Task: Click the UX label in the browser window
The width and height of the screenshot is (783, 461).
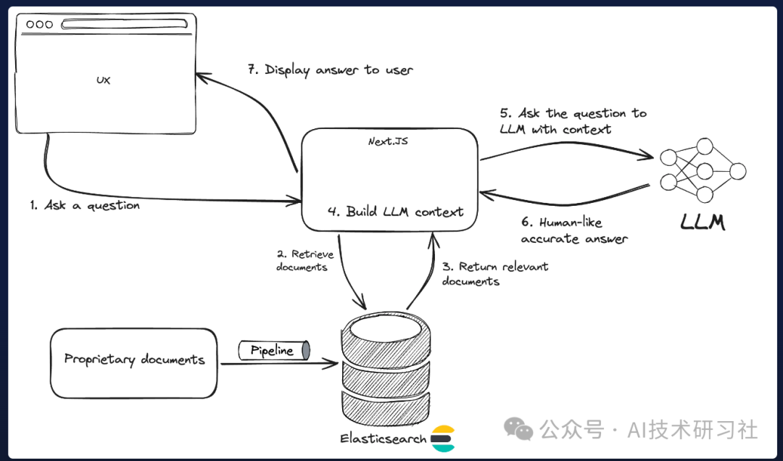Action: (x=103, y=80)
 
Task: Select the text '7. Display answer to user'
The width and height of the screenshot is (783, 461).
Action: (x=330, y=70)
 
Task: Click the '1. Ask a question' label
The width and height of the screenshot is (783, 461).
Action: (x=85, y=206)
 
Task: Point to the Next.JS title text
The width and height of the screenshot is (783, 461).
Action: (x=388, y=141)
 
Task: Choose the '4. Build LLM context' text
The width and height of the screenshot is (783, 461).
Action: (x=395, y=212)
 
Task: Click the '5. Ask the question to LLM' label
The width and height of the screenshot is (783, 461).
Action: (x=573, y=121)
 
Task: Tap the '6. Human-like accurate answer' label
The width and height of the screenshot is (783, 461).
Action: (x=573, y=230)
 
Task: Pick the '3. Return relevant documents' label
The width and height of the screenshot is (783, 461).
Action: (x=495, y=274)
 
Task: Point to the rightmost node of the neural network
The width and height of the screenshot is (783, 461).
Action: (x=737, y=172)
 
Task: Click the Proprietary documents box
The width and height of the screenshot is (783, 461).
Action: (x=134, y=362)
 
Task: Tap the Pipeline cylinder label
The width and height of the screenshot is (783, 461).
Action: (x=273, y=351)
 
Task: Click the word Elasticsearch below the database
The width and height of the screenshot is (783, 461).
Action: (x=383, y=439)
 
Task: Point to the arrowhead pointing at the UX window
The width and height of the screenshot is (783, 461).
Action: (x=200, y=76)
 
